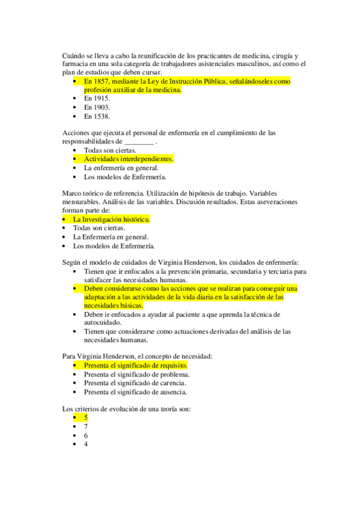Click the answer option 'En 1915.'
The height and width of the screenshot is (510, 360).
click(97, 98)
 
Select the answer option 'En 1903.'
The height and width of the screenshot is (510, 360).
click(97, 107)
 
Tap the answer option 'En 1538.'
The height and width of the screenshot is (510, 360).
click(97, 116)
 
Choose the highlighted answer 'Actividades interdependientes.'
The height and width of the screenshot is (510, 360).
click(129, 159)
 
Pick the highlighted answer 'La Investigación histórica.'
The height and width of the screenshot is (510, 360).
click(111, 220)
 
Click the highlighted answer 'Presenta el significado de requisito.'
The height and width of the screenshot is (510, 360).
click(136, 365)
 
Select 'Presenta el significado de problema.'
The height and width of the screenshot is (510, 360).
click(136, 374)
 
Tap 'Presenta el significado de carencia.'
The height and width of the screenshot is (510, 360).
click(135, 383)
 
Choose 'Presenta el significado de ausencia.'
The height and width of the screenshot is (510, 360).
click(135, 392)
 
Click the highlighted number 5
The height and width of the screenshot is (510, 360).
click(86, 417)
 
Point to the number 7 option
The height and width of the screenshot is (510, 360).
click(86, 426)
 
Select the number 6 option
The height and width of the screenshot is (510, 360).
click(86, 435)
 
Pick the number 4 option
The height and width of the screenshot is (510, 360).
click(86, 444)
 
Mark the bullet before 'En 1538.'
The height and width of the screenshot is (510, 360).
click(74, 116)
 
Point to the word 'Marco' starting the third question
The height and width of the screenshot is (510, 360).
click(72, 193)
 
